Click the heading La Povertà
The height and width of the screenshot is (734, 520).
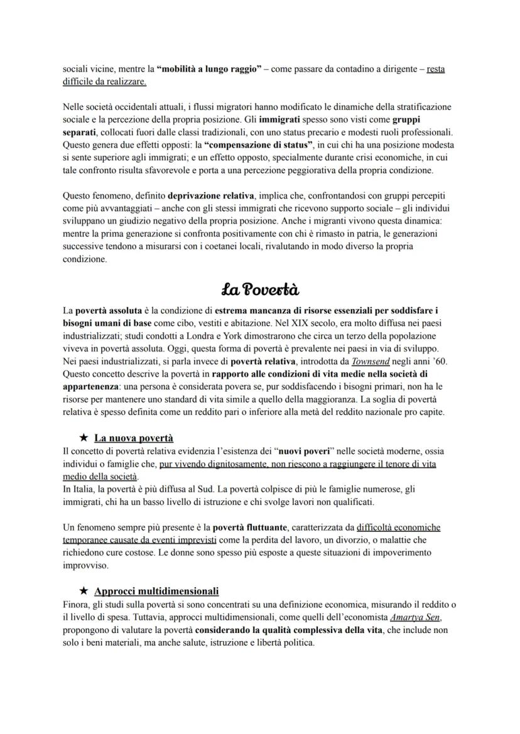[x=260, y=289]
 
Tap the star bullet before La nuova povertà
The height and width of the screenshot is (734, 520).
[x=83, y=438]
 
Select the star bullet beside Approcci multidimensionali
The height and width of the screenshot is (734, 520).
[x=83, y=591]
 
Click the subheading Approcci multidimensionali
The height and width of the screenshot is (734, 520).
[x=156, y=591]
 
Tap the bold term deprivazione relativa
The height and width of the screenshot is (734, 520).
[x=207, y=197]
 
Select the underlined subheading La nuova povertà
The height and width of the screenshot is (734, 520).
[x=133, y=438]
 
